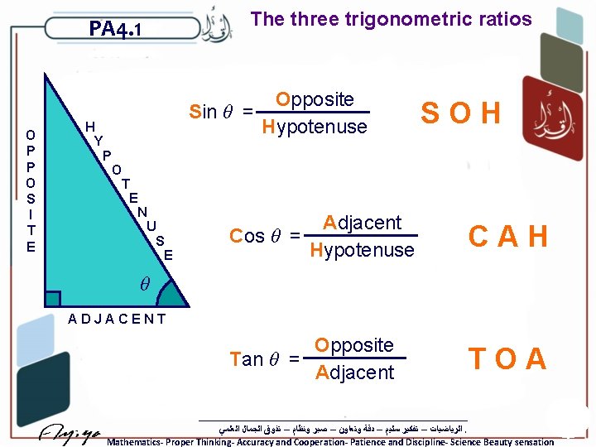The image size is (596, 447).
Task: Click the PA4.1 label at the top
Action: point(115,30)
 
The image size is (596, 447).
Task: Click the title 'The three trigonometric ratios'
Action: point(391,19)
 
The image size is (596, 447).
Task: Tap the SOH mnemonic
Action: point(460,113)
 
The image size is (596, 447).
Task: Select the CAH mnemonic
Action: point(507,237)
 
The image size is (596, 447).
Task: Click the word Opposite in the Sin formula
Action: point(315,99)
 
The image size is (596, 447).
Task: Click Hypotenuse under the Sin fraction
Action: point(314,127)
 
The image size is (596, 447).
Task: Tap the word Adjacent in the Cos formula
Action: point(363,223)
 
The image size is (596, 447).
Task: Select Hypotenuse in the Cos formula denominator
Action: point(362,249)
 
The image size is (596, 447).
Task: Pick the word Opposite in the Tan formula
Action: point(354,345)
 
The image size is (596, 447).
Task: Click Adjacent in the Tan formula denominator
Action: point(354,372)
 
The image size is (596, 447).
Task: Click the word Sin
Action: point(203,112)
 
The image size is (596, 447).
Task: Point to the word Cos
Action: point(247,236)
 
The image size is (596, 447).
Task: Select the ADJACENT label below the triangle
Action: point(117,319)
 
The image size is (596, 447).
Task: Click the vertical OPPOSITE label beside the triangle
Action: point(31,190)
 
